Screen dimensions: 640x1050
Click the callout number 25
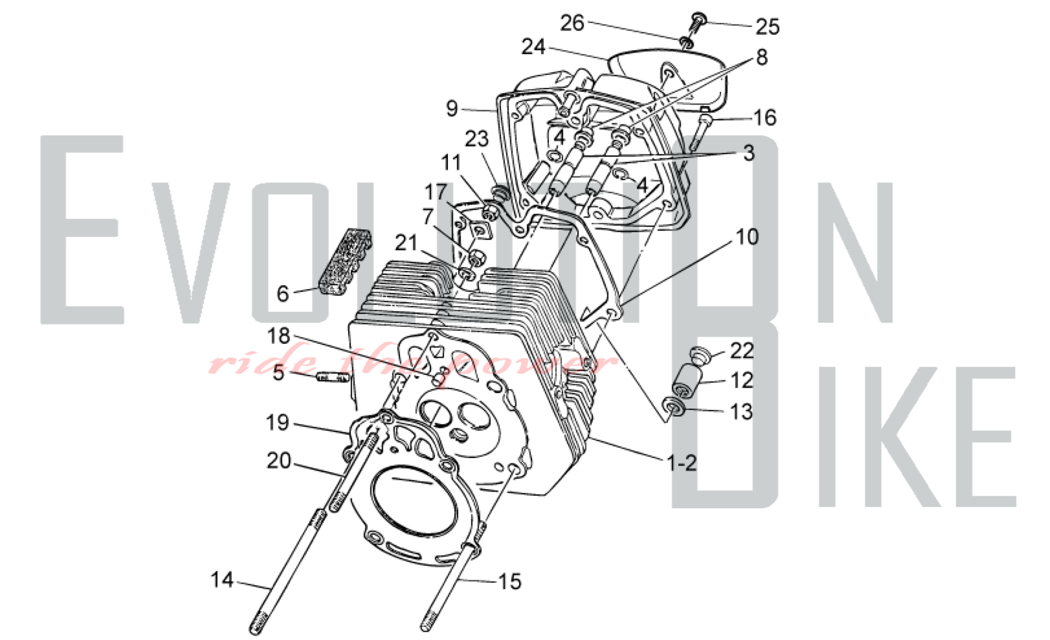click(x=767, y=26)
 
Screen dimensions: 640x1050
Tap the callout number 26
click(x=572, y=23)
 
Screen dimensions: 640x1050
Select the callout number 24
click(x=533, y=47)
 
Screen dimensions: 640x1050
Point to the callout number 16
click(x=764, y=118)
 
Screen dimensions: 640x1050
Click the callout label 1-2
click(x=681, y=463)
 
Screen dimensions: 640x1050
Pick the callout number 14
click(x=222, y=580)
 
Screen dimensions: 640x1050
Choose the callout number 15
click(x=509, y=581)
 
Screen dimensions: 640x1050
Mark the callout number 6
click(x=282, y=294)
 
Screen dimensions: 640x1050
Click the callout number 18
click(x=278, y=336)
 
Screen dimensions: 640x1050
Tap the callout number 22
click(x=742, y=350)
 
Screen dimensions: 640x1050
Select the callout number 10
click(x=747, y=237)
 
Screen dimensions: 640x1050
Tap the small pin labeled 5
click(x=332, y=377)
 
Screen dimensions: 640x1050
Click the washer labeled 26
click(x=687, y=41)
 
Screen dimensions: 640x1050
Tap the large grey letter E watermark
click(x=79, y=231)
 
